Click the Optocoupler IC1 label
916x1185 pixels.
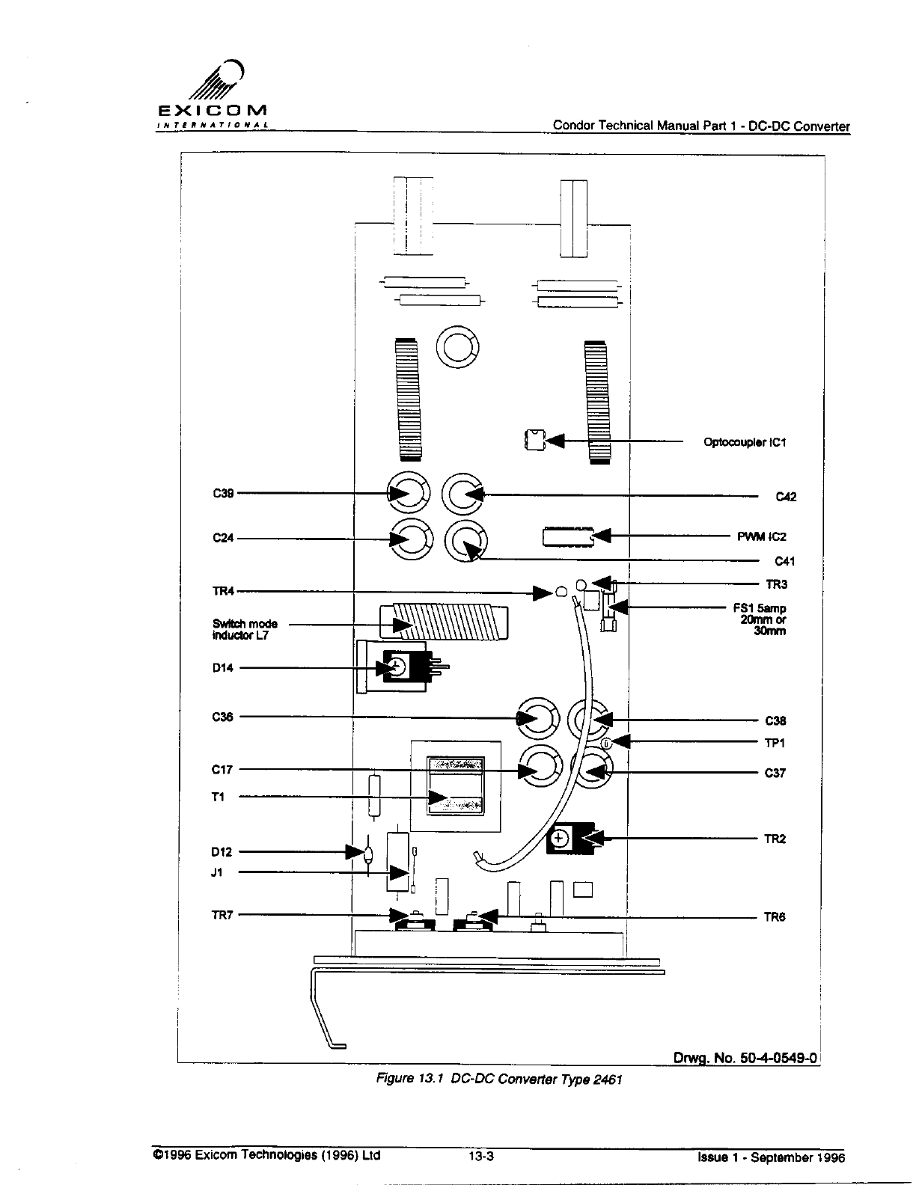click(745, 442)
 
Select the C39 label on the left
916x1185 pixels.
click(223, 493)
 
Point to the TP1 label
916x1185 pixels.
click(775, 743)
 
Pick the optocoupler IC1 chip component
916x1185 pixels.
click(534, 440)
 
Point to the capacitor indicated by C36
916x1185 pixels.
click(537, 718)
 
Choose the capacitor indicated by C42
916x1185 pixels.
click(464, 493)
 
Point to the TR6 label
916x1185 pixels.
click(775, 917)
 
